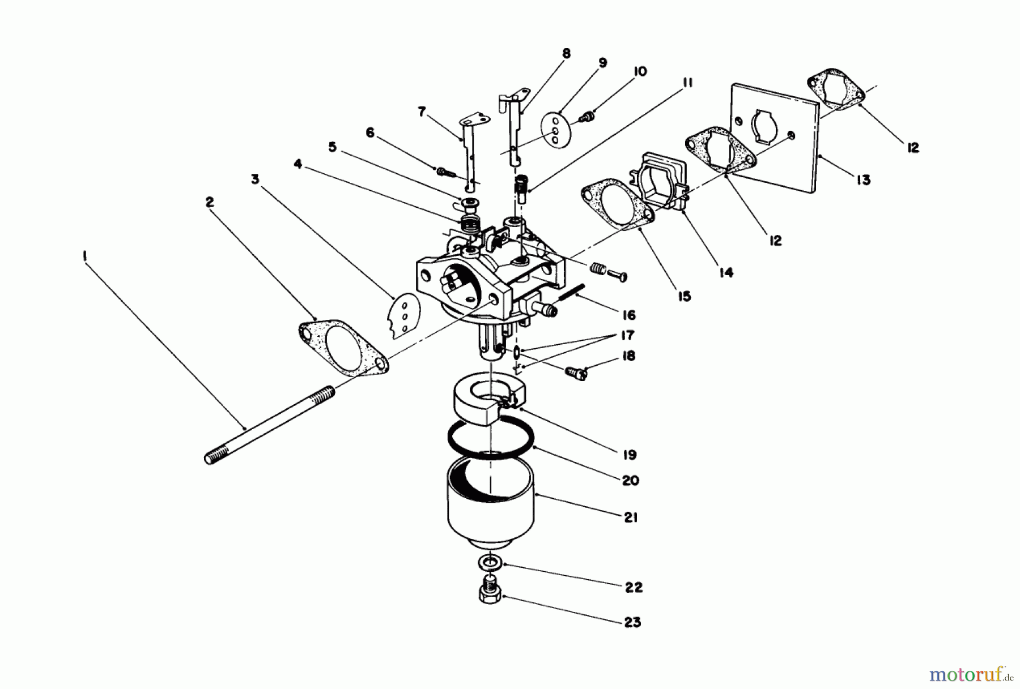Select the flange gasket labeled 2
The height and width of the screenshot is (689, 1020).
(x=343, y=347)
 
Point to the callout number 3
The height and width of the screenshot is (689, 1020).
(x=256, y=179)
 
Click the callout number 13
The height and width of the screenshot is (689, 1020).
(x=863, y=180)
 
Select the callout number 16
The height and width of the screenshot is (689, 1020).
(x=629, y=315)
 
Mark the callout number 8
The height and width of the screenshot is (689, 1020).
(x=566, y=54)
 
